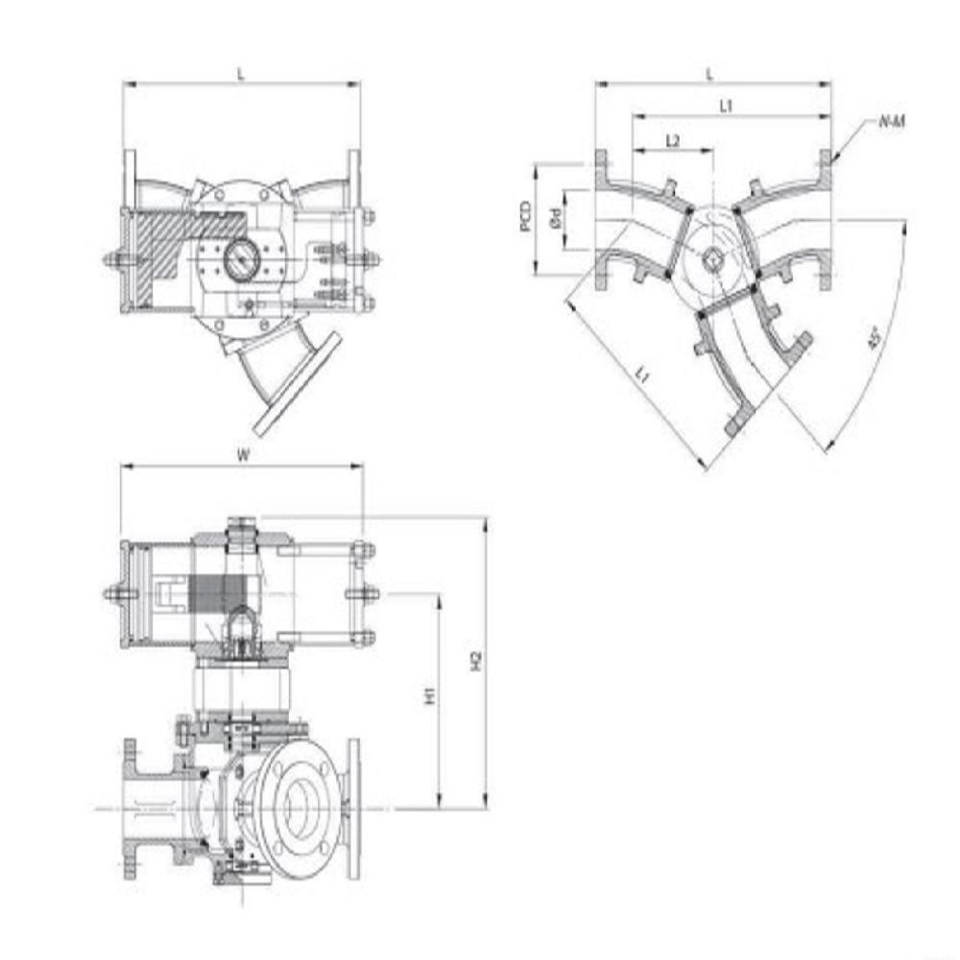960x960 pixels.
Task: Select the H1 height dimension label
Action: click(430, 695)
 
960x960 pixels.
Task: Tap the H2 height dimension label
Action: click(474, 661)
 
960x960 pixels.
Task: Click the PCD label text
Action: click(524, 217)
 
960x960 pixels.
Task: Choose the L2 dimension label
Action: click(673, 141)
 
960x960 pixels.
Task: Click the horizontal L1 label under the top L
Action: click(727, 106)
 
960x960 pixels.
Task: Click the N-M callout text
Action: click(892, 122)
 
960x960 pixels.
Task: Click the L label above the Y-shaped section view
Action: click(710, 73)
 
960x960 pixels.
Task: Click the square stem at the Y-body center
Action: click(713, 257)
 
